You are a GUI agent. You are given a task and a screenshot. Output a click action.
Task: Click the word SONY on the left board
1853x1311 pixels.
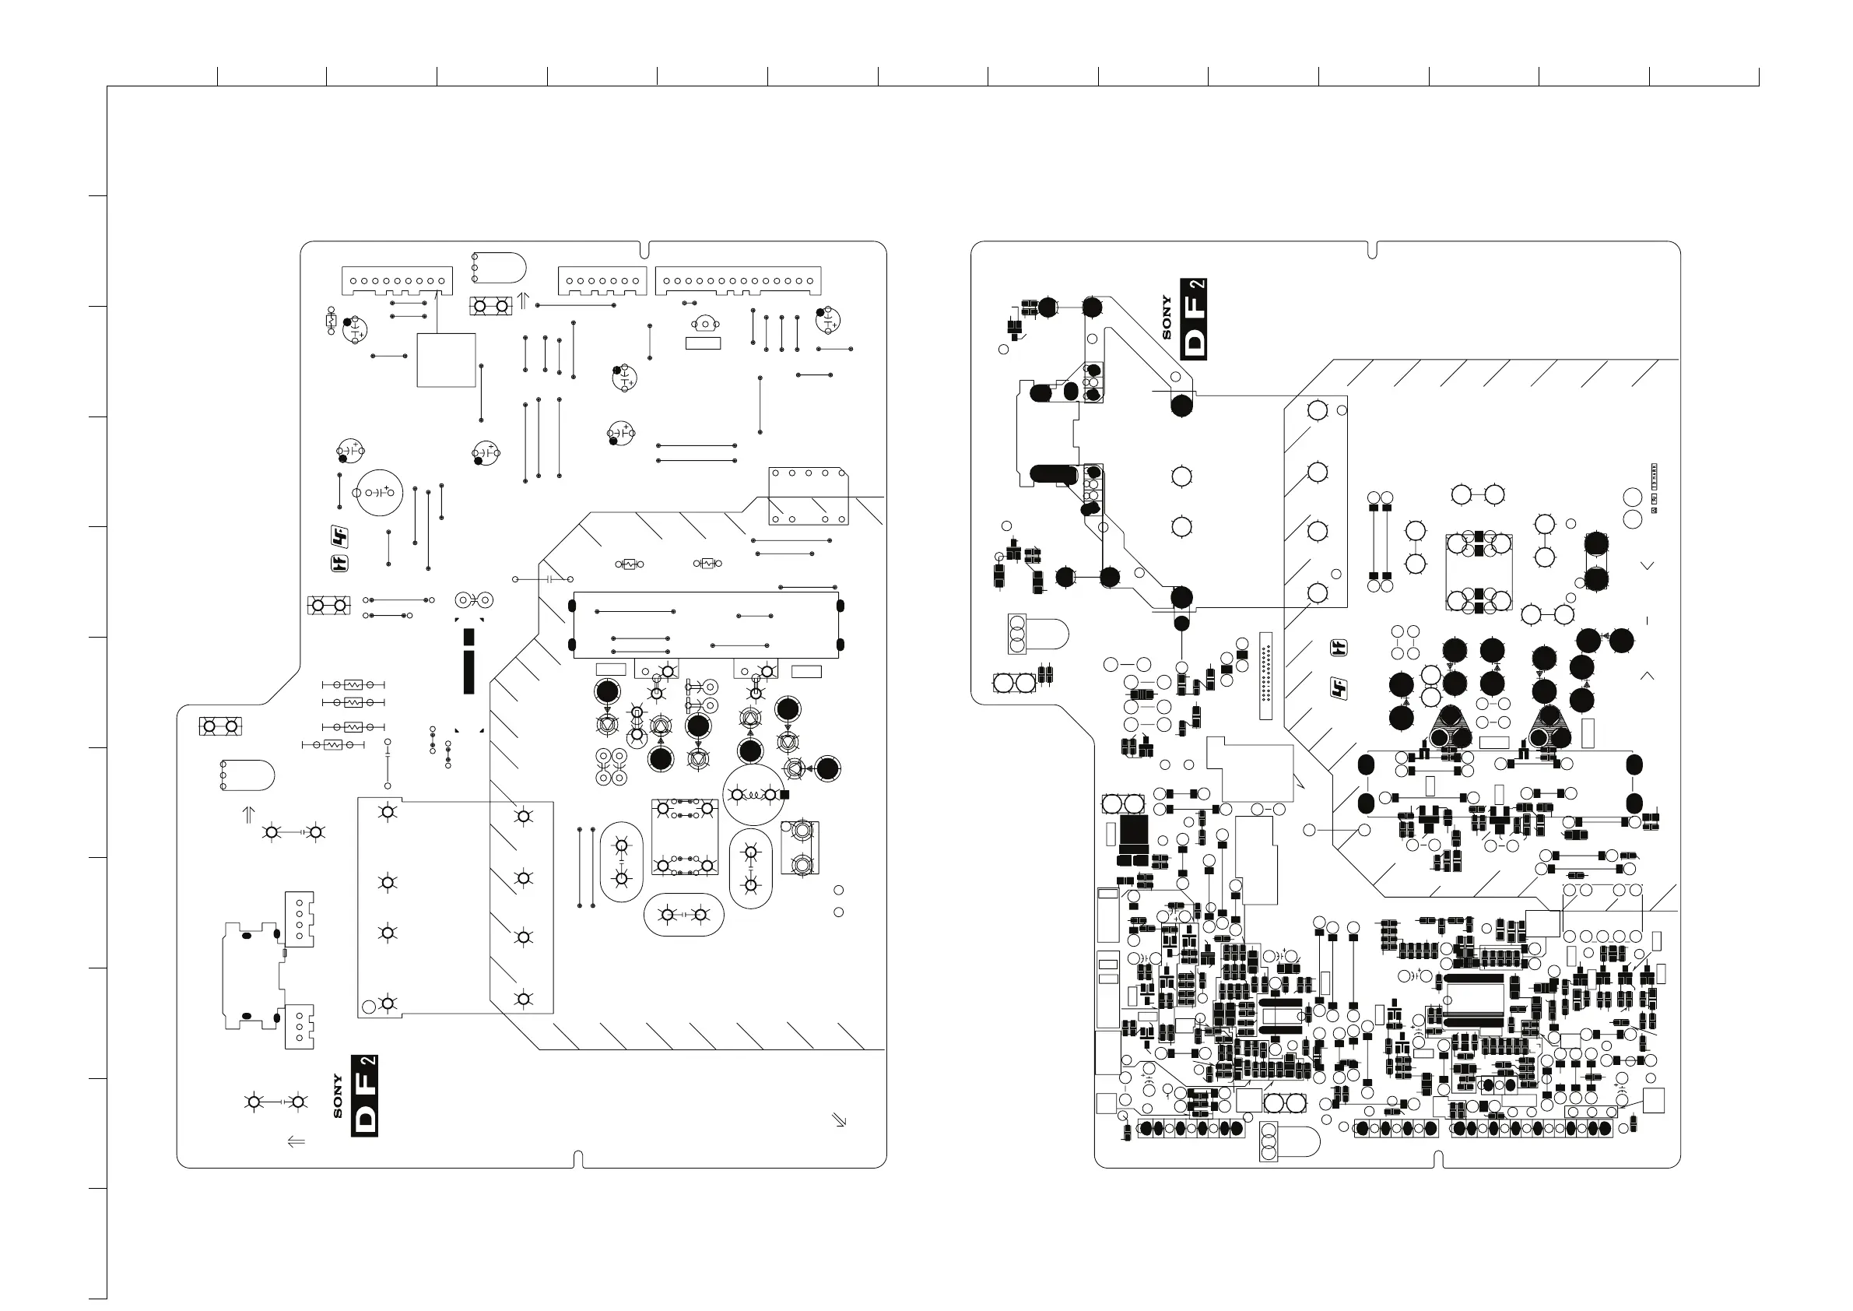[337, 1095]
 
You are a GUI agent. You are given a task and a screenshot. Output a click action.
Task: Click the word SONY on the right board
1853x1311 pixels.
[1166, 318]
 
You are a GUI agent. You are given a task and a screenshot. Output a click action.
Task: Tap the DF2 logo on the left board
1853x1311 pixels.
[365, 1095]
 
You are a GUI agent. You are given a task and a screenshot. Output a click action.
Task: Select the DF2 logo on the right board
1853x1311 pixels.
[1194, 318]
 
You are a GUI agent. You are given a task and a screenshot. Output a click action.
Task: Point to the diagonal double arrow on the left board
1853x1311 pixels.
[840, 1119]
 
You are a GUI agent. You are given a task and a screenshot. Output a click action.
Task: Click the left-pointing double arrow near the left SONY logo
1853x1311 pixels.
[297, 1141]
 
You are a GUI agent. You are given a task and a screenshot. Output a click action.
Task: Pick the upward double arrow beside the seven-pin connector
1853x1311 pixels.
[523, 301]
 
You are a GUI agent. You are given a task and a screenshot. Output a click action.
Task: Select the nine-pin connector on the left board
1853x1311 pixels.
[397, 281]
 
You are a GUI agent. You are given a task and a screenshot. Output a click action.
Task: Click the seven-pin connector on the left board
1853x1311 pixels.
[602, 281]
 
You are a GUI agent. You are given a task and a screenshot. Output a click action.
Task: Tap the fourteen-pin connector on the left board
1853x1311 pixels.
[739, 280]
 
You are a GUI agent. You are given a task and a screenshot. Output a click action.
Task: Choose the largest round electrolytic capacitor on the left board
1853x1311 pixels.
[378, 493]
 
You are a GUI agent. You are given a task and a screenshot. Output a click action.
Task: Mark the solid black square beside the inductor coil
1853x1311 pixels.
[784, 795]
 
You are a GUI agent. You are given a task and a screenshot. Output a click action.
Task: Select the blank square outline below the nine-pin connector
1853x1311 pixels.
[446, 360]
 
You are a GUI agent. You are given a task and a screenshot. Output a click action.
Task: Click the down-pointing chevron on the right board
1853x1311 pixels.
[1648, 566]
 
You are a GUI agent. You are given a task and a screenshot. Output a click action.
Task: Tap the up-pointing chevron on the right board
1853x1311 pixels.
[1648, 675]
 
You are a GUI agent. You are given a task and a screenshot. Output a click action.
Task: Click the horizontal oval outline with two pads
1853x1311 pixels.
[683, 915]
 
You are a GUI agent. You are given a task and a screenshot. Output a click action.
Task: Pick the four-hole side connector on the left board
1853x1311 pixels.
[300, 919]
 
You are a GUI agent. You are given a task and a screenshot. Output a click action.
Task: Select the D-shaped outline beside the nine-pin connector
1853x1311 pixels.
[498, 267]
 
